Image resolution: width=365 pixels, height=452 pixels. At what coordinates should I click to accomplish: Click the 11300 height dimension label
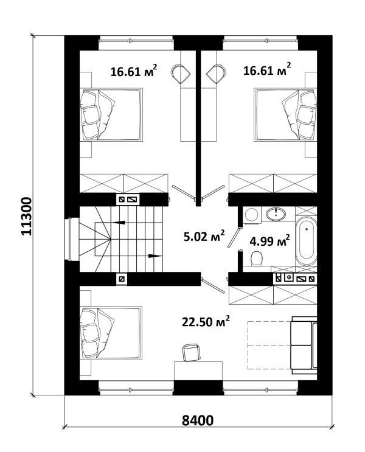tap(27, 216)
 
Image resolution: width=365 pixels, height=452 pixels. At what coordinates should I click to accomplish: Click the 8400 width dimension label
tap(198, 420)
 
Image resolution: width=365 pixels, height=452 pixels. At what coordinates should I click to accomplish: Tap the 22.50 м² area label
tap(206, 321)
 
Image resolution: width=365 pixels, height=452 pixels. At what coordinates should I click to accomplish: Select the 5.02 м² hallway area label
tap(204, 237)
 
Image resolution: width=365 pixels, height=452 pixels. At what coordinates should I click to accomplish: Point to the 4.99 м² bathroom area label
tap(269, 241)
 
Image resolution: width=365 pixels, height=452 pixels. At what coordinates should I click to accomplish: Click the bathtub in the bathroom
tap(306, 242)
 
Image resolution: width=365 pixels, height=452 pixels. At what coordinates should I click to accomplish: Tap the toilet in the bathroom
tap(256, 259)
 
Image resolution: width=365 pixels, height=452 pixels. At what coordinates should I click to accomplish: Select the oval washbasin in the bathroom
tap(276, 214)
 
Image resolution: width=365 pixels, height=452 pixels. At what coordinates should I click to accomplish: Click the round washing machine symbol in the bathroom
tap(251, 215)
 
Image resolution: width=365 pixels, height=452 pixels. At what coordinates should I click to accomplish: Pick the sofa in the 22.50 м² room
tap(304, 345)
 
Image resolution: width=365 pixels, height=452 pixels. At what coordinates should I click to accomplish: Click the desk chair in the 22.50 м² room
tap(191, 352)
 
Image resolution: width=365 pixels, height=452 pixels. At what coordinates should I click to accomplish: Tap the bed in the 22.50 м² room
tap(111, 333)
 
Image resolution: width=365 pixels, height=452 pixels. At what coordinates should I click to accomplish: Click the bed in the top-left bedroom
tap(111, 115)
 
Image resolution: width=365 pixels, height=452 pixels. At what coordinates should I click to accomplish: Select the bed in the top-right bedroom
tap(285, 115)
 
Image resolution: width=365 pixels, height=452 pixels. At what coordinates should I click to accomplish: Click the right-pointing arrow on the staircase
tap(155, 256)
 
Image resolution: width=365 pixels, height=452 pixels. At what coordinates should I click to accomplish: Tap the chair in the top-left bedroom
tap(181, 74)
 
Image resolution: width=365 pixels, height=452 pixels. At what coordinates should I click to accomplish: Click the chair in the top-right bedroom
tap(216, 74)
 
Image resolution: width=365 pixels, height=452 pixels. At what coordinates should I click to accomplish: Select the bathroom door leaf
tap(234, 237)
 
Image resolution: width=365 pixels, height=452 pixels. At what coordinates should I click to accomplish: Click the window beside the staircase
tap(70, 239)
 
